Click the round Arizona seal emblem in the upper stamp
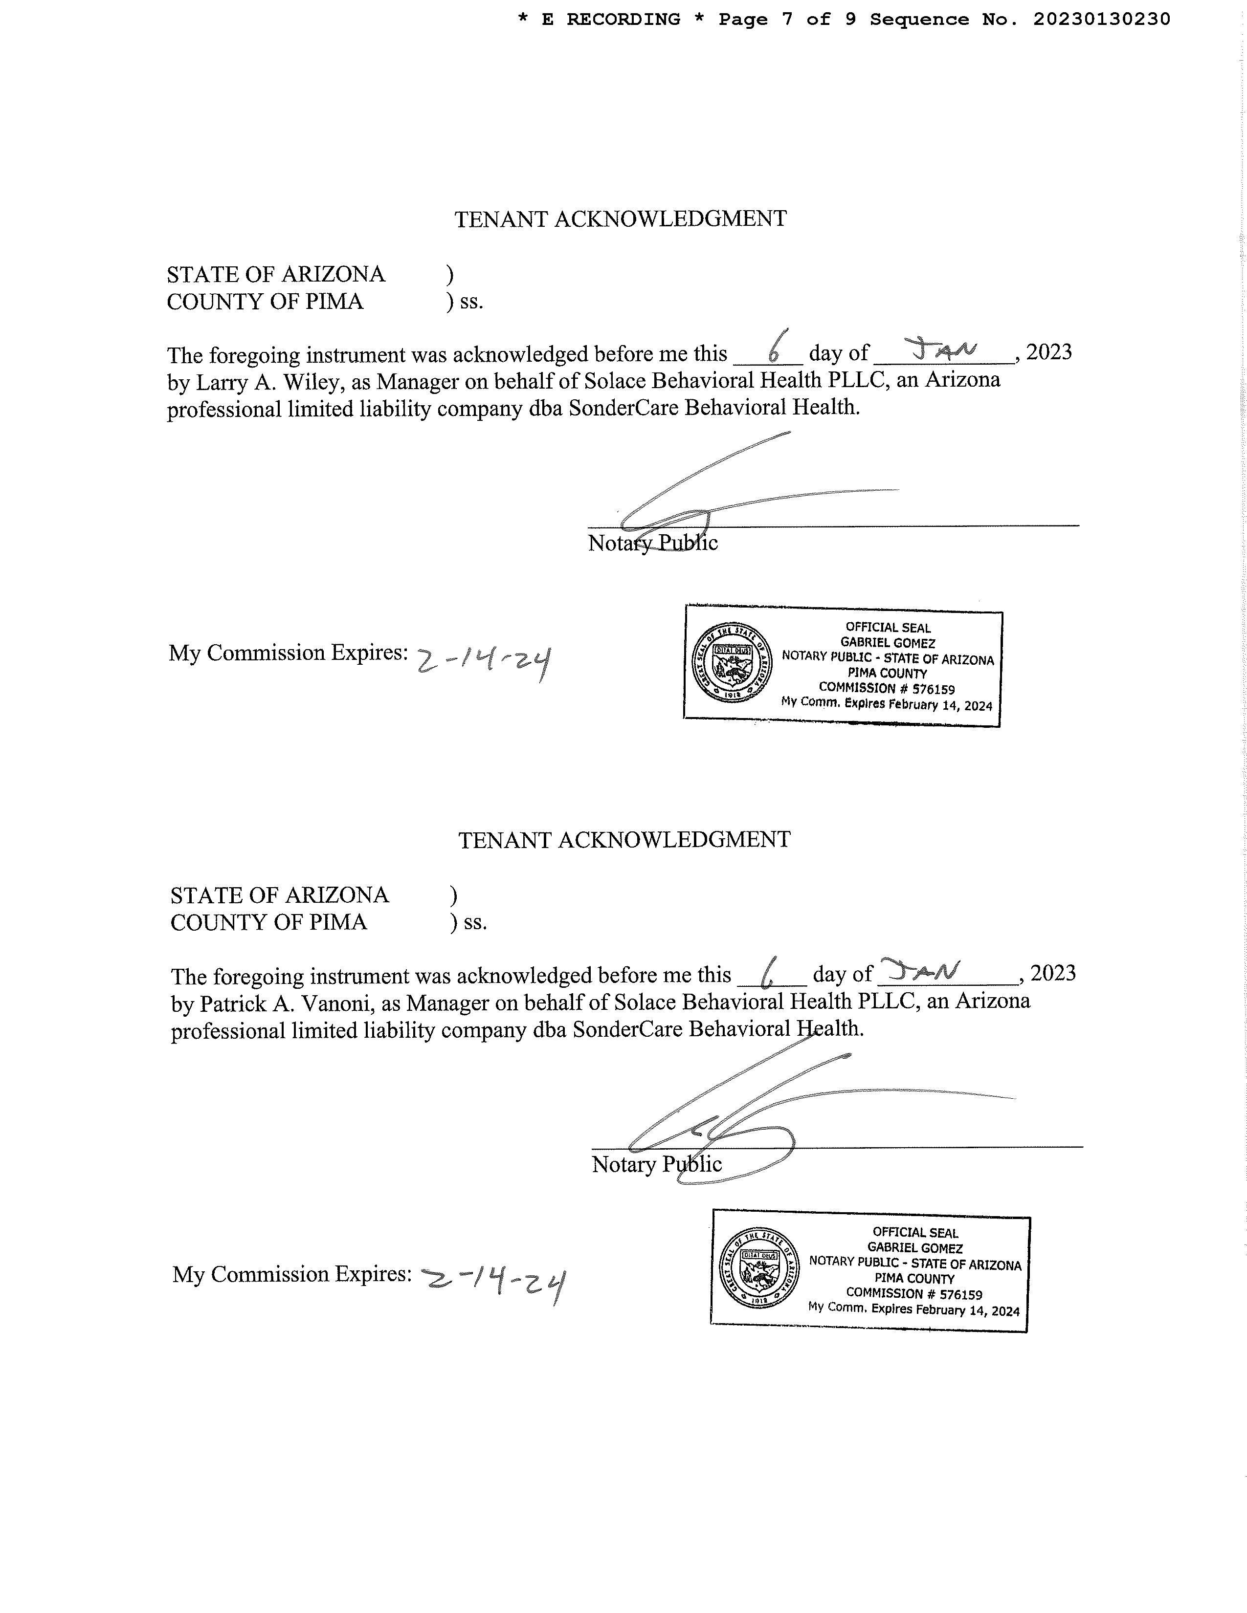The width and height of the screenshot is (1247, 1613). point(732,662)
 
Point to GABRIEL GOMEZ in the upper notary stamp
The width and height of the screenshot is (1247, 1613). point(888,643)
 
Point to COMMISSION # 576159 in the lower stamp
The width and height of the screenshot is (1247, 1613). point(914,1293)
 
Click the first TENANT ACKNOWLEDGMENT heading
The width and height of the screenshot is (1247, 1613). point(621,219)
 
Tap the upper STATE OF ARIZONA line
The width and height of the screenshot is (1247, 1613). point(275,275)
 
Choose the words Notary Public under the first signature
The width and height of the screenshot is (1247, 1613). point(652,544)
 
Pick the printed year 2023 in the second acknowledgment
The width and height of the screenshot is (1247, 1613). point(1053,973)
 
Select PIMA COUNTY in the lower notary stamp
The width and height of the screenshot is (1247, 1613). point(914,1279)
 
